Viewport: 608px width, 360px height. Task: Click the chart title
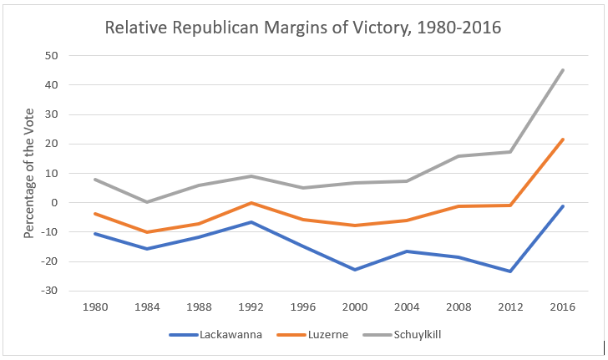303,28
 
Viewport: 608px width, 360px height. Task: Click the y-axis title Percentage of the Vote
28,172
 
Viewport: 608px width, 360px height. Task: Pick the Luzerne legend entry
305,336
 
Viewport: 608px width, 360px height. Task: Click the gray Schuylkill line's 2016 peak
563,70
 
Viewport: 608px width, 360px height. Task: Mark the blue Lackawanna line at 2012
511,271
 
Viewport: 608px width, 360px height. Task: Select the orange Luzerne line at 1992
251,203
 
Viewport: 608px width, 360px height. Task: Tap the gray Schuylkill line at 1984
148,202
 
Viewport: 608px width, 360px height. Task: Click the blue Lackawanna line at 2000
355,270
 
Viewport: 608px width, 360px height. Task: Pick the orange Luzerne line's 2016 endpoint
563,139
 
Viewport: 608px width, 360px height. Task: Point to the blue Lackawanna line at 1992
251,222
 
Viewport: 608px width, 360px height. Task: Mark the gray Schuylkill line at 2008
459,156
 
